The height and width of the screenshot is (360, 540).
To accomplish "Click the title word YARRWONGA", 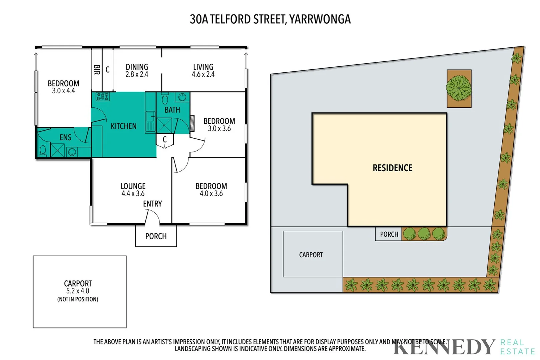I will tap(320, 19).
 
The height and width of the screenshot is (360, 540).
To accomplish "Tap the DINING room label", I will tap(137, 67).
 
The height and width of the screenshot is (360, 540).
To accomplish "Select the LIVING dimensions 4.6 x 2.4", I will tap(203, 75).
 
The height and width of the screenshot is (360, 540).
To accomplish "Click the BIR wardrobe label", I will tap(97, 70).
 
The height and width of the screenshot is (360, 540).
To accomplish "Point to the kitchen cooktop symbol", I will tap(103, 97).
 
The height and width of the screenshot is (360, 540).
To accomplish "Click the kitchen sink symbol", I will tap(150, 117).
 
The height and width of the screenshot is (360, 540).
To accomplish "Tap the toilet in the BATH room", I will tap(165, 99).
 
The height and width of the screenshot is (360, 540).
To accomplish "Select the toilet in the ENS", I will tap(43, 151).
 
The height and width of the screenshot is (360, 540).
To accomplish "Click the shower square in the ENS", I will tap(58, 150).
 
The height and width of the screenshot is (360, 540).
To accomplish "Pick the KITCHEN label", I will tap(123, 126).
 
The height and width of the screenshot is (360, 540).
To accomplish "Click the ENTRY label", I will tap(152, 204).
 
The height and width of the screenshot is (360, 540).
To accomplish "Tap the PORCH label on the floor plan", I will tap(156, 236).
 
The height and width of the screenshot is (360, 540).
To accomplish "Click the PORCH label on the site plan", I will tap(389, 234).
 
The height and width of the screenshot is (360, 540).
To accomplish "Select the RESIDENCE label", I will tap(392, 168).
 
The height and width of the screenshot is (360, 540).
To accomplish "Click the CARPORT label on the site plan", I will tap(311, 255).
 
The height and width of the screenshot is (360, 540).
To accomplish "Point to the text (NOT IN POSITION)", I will tap(78, 299).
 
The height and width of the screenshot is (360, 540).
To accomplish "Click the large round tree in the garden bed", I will tap(459, 88).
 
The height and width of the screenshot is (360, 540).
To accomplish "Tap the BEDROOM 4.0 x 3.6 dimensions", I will tap(211, 194).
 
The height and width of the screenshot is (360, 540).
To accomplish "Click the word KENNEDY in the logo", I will tap(444, 347).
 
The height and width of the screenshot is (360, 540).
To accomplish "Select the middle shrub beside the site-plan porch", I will tap(424, 234).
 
